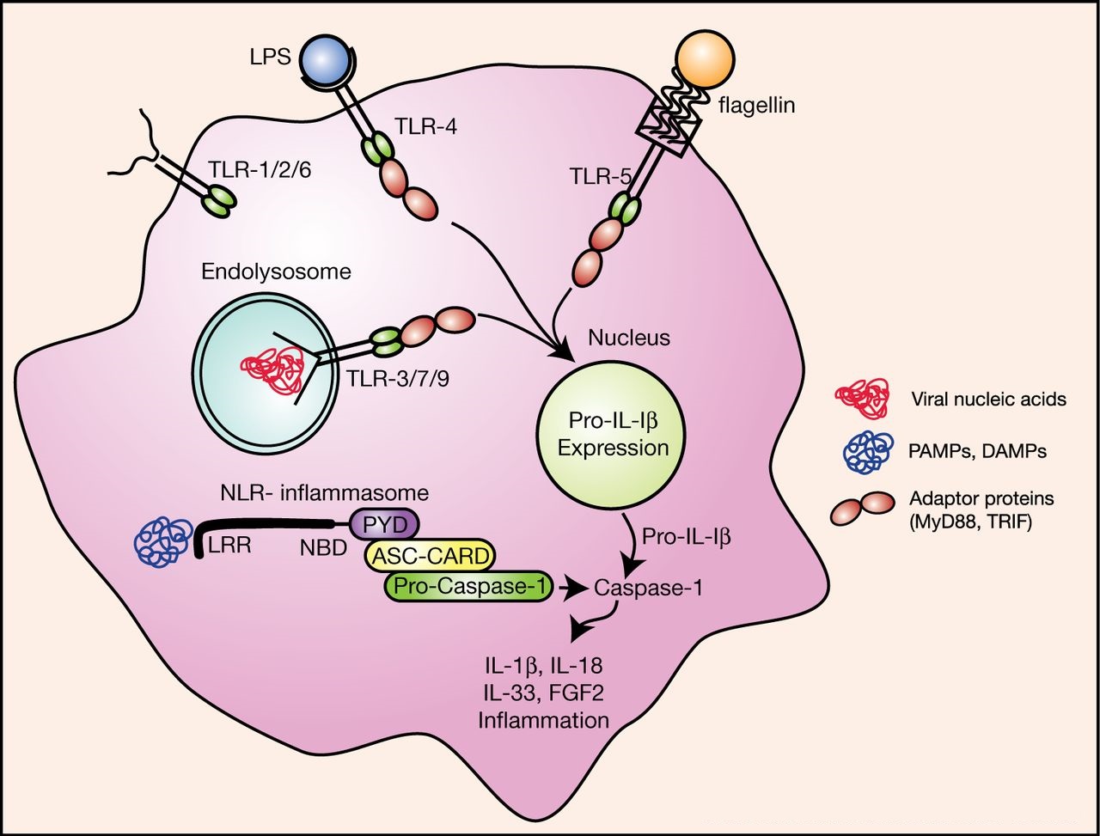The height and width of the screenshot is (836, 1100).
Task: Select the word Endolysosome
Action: tap(277, 272)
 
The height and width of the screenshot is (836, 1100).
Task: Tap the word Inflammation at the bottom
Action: tap(543, 719)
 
